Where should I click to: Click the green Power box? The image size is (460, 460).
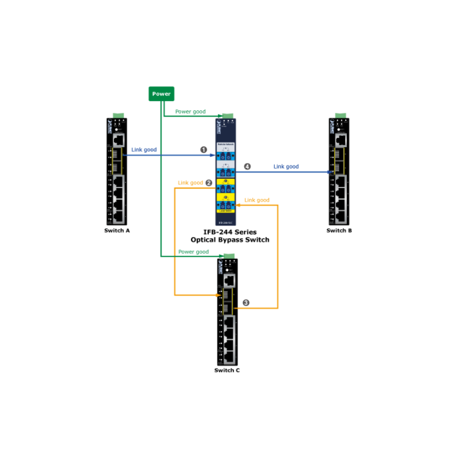(161, 94)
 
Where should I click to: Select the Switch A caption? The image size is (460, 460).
(117, 231)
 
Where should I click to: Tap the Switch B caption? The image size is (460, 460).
(339, 231)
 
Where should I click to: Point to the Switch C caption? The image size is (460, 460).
(227, 370)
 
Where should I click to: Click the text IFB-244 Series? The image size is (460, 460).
(230, 232)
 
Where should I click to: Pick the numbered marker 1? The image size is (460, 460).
(203, 149)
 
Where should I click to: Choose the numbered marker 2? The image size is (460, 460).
(209, 183)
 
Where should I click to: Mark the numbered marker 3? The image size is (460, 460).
(246, 302)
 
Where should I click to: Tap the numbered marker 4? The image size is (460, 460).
(248, 167)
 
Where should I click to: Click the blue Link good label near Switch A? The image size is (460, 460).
(144, 149)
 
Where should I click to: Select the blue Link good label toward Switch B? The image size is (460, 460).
(286, 167)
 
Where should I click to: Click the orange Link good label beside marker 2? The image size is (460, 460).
(190, 183)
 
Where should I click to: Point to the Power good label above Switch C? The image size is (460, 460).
(193, 252)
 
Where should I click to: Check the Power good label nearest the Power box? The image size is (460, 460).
(190, 112)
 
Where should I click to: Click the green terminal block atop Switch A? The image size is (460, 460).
(118, 116)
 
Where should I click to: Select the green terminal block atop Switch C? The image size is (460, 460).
(228, 255)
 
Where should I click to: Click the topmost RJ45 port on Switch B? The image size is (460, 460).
(340, 139)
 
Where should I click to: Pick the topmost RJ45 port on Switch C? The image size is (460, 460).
(229, 280)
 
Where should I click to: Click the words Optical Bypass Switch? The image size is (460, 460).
(230, 240)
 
